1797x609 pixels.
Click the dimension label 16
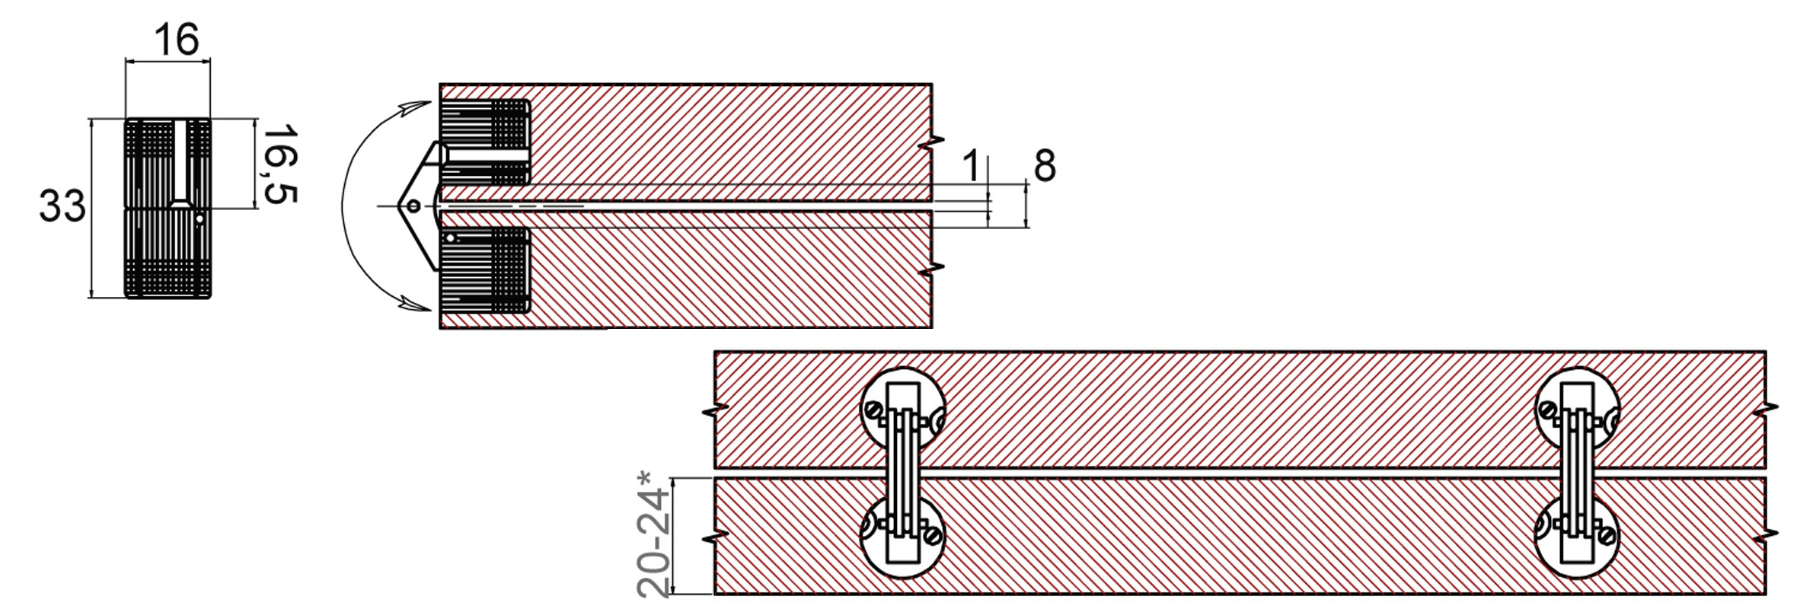point(176,40)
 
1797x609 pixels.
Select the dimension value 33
point(62,207)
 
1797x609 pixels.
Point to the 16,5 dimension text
point(279,164)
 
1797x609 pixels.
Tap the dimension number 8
point(1045,166)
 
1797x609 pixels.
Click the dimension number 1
point(971,166)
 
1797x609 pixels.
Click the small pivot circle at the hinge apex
point(413,206)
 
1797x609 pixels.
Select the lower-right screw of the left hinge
point(930,536)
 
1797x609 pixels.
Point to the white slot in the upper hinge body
point(487,155)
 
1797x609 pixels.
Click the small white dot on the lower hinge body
point(451,239)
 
